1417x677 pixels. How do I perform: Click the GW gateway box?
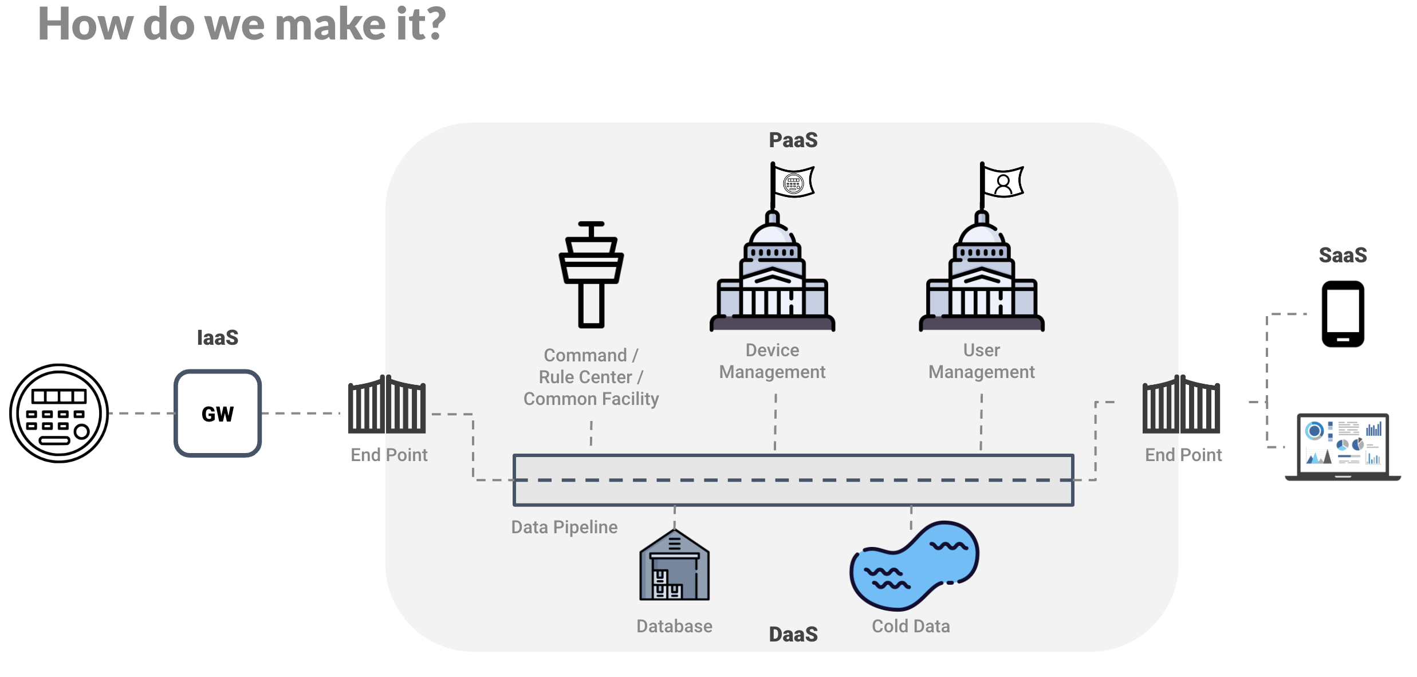click(218, 413)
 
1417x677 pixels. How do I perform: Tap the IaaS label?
click(218, 338)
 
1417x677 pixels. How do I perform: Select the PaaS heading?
click(793, 140)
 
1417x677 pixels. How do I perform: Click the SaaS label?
click(1343, 255)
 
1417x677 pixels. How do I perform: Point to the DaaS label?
click(793, 635)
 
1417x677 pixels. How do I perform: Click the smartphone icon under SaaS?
click(1343, 314)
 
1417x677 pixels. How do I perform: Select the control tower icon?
click(591, 275)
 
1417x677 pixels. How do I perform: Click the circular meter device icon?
click(59, 413)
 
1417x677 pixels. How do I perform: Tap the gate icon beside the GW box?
click(387, 406)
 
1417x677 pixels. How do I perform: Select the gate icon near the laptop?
click(1181, 406)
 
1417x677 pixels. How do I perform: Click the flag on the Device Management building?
click(793, 182)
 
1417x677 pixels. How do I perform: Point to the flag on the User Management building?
click(1002, 182)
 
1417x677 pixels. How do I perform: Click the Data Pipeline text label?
click(564, 528)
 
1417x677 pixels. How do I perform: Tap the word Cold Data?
click(911, 627)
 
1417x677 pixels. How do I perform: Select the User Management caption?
click(981, 361)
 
